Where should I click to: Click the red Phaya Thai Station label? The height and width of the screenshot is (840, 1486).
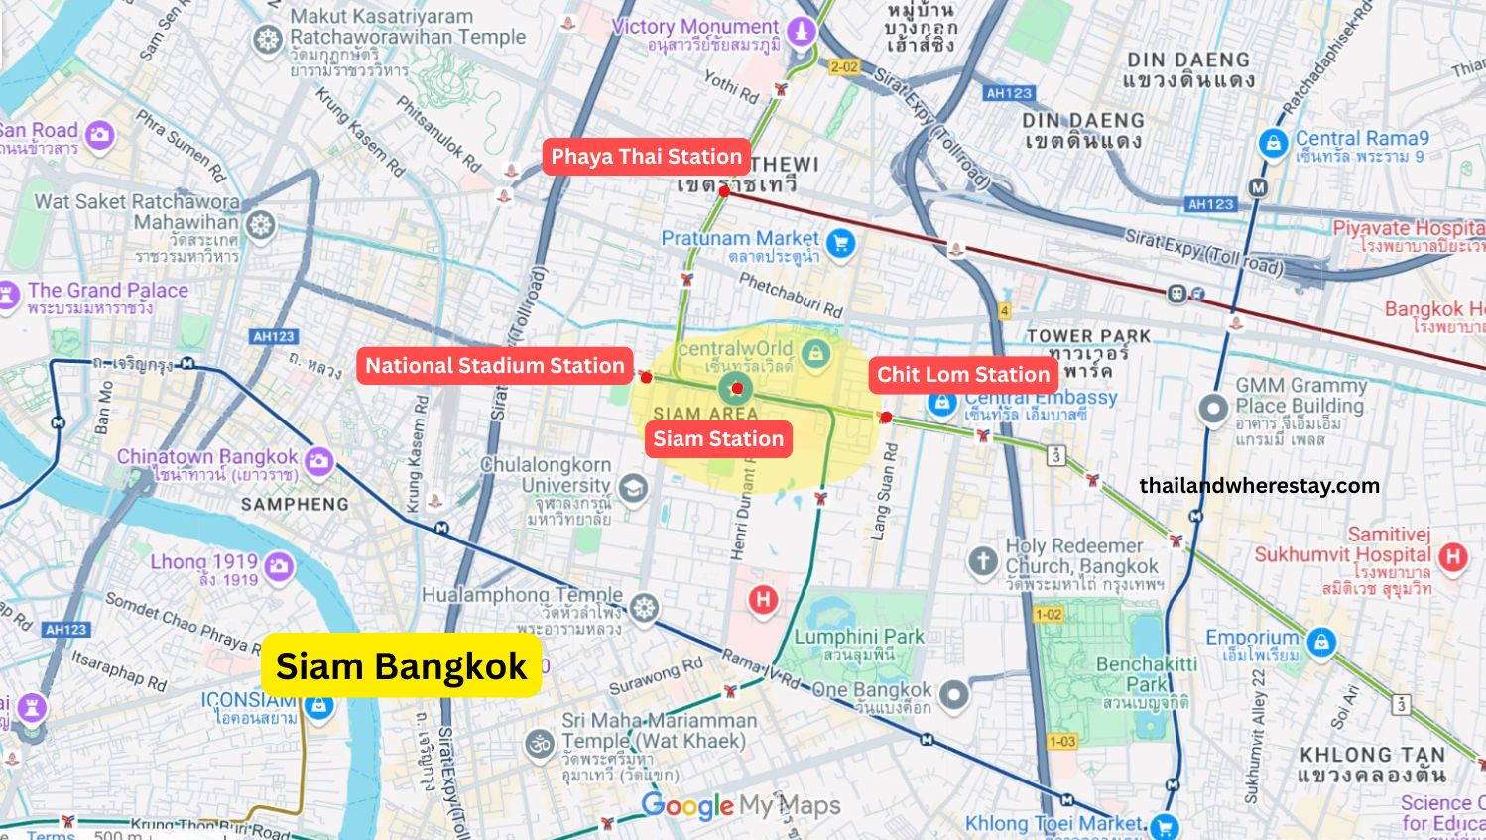pyautogui.click(x=646, y=157)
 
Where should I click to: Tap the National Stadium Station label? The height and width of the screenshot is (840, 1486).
pyautogui.click(x=494, y=366)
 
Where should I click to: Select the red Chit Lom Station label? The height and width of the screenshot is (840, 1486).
pyautogui.click(x=962, y=375)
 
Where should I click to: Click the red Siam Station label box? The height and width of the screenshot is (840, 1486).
pyautogui.click(x=718, y=439)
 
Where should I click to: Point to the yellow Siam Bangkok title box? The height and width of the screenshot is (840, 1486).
pyautogui.click(x=401, y=666)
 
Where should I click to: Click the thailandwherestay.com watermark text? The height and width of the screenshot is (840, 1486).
pyautogui.click(x=1259, y=485)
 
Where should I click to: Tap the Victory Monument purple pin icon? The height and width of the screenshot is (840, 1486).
pyautogui.click(x=801, y=31)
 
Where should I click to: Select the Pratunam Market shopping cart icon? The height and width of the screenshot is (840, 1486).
pyautogui.click(x=841, y=243)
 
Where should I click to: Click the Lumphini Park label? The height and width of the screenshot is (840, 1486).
pyautogui.click(x=858, y=637)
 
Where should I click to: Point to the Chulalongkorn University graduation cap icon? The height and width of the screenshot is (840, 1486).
pyautogui.click(x=633, y=488)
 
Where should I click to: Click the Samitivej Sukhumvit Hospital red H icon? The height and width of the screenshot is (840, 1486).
pyautogui.click(x=1453, y=556)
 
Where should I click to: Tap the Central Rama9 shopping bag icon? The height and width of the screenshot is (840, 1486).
pyautogui.click(x=1273, y=144)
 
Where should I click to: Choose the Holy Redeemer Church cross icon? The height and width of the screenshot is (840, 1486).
pyautogui.click(x=982, y=561)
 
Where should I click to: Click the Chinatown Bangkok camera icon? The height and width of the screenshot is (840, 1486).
pyautogui.click(x=318, y=461)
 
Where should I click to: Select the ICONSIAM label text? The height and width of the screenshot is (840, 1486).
pyautogui.click(x=249, y=700)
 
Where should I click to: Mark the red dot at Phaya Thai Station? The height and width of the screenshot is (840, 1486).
pyautogui.click(x=724, y=191)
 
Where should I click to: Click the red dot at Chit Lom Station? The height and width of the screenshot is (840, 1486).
pyautogui.click(x=886, y=418)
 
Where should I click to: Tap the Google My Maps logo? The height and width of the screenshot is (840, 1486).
pyautogui.click(x=740, y=806)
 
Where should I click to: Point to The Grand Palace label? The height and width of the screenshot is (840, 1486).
pyautogui.click(x=107, y=291)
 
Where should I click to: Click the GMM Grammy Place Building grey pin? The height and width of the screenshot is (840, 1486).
pyautogui.click(x=1213, y=408)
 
